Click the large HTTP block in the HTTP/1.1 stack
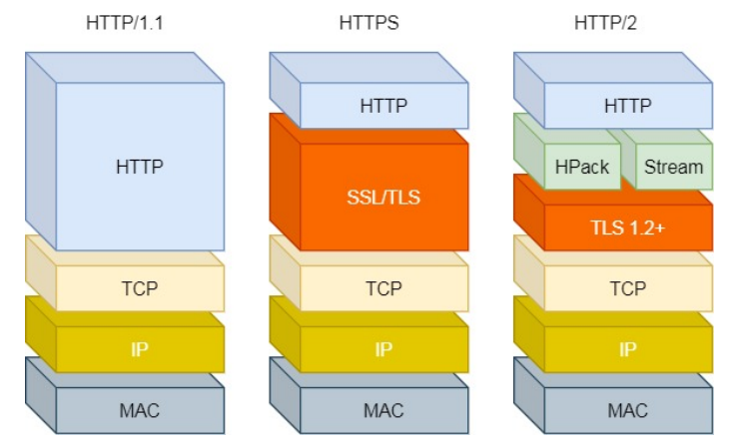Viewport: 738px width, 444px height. coord(140,166)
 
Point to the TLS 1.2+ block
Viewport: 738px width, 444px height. coord(628,227)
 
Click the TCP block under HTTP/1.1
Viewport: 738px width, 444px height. coord(140,288)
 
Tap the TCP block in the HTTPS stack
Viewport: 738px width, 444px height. coord(383,288)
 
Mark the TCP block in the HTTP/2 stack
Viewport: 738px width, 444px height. coord(628,288)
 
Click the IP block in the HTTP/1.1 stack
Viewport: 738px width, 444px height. coord(140,349)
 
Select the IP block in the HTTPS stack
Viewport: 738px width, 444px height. coord(383,349)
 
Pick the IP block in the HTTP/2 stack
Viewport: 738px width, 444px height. coord(628,349)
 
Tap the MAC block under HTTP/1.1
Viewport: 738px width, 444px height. coord(140,410)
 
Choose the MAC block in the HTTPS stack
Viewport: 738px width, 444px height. coord(383,410)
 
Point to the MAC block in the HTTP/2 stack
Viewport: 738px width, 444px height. coord(628,410)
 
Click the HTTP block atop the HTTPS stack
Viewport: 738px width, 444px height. coord(383,105)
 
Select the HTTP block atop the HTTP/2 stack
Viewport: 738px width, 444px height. coord(628,105)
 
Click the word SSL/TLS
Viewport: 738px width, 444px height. coord(383,197)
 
